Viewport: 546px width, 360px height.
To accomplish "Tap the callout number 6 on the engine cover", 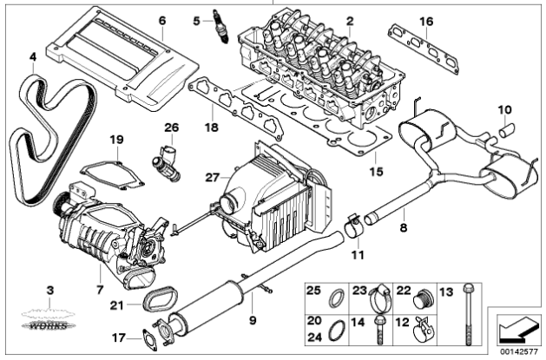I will [161, 19].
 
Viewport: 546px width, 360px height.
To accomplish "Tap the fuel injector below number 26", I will [169, 156].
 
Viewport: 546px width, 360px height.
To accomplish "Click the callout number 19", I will [116, 139].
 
